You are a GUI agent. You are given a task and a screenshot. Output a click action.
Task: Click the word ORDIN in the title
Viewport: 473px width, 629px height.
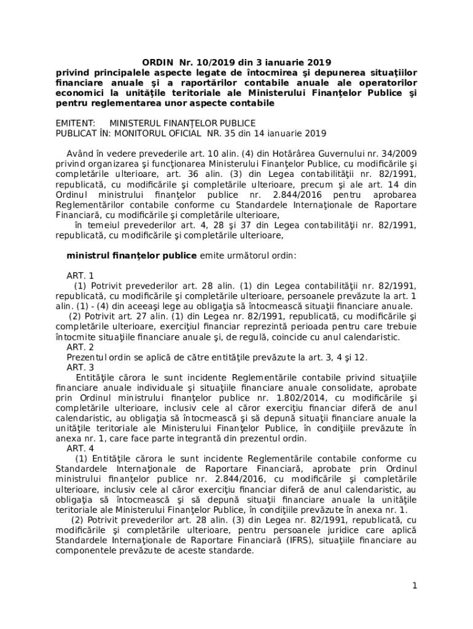click(x=157, y=62)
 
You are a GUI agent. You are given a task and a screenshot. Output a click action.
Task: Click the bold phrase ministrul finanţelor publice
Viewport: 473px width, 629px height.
click(x=131, y=256)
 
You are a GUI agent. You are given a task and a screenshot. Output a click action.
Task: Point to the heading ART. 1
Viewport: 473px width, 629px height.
click(x=80, y=276)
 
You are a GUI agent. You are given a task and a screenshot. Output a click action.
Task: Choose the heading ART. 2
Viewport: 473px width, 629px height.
click(x=80, y=347)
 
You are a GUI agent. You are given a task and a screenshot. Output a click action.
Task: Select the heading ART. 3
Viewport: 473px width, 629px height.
click(x=80, y=367)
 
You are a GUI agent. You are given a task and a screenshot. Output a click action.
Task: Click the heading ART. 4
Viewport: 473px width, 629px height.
click(x=80, y=448)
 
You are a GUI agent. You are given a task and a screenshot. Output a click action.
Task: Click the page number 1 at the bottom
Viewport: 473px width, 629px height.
click(x=415, y=585)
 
